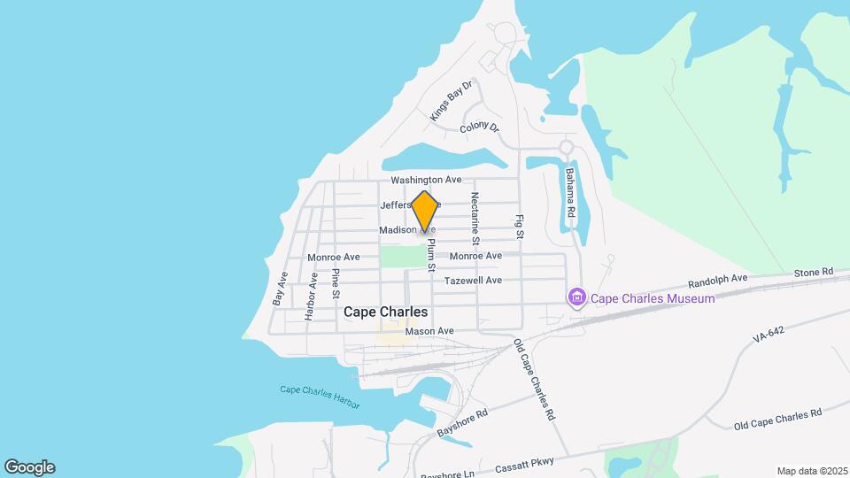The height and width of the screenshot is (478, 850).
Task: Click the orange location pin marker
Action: [425, 212]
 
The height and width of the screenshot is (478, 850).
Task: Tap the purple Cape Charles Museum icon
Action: [577, 298]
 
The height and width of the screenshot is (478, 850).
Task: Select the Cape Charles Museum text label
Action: [653, 299]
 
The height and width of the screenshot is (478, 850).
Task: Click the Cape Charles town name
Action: [385, 312]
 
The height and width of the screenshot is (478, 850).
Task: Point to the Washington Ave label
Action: [427, 180]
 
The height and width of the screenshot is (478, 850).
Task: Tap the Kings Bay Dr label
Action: [452, 100]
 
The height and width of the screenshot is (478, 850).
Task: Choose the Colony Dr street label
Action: [480, 128]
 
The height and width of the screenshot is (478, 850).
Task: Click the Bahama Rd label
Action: [571, 194]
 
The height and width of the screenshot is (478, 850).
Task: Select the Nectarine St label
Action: [475, 218]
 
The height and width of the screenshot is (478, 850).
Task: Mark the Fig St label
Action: [521, 226]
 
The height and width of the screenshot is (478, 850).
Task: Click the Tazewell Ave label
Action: [473, 281]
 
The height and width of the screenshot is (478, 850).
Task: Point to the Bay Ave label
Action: [281, 289]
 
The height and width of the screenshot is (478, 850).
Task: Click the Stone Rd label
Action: [814, 272]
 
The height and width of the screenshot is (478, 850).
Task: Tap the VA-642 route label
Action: [769, 337]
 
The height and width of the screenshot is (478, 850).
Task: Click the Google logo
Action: [29, 467]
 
